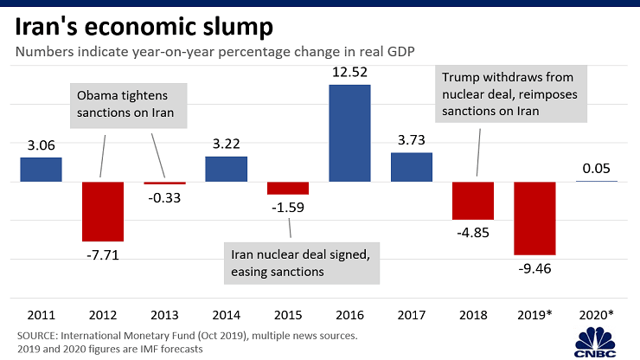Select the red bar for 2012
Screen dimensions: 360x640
pos(103,211)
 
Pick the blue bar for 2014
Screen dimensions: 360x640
pos(227,170)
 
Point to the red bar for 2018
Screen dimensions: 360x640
pos(473,200)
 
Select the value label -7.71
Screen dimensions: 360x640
pos(103,254)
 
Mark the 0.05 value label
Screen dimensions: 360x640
pos(597,168)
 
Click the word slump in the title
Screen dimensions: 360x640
pos(232,26)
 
